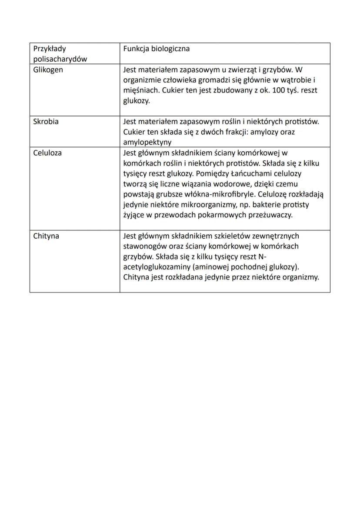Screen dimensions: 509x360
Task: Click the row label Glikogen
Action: [48, 70]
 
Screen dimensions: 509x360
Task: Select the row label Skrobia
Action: [46, 122]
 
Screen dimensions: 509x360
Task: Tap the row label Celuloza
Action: [47, 153]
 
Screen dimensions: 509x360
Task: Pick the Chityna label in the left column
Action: [46, 236]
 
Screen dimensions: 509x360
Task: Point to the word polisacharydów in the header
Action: [60, 60]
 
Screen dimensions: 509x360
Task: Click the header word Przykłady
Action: [50, 49]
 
